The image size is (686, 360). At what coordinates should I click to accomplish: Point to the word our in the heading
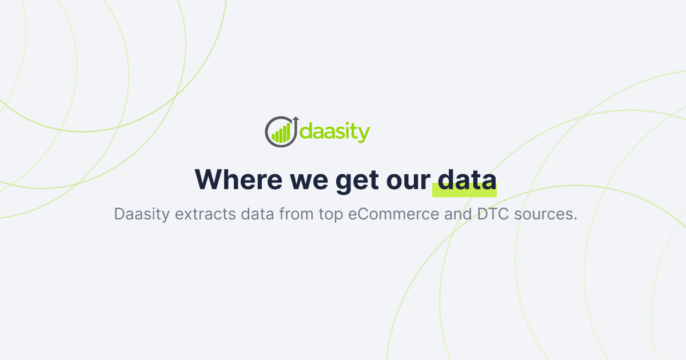(x=408, y=181)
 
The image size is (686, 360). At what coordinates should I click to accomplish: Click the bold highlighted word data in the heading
(x=464, y=179)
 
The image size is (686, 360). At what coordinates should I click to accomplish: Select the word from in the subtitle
(x=296, y=214)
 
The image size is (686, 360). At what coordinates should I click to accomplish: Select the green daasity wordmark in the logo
(x=335, y=133)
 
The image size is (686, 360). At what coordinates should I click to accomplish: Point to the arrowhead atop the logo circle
(x=296, y=118)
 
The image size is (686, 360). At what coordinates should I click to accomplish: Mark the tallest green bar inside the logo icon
(x=288, y=132)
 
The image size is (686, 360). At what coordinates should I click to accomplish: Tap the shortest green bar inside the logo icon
(x=274, y=137)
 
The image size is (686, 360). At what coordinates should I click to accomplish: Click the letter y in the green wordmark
(x=364, y=135)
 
